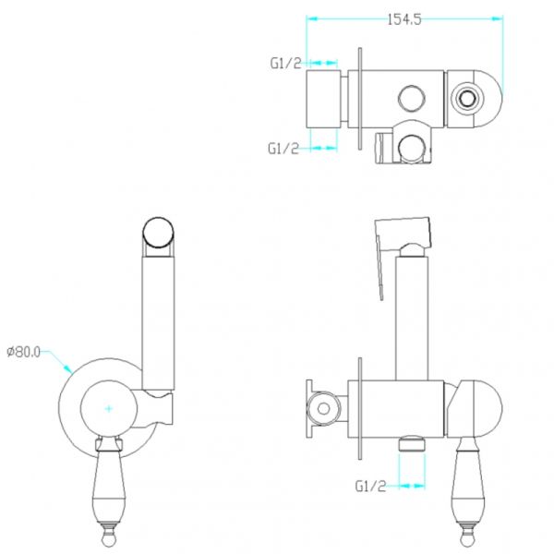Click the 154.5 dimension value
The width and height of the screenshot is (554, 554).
pyautogui.click(x=404, y=19)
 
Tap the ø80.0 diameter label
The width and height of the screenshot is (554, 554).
pyautogui.click(x=24, y=352)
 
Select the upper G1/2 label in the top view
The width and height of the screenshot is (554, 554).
pyautogui.click(x=285, y=63)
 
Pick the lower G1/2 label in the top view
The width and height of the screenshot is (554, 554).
pyautogui.click(x=283, y=149)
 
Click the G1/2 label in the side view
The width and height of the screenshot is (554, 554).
pyautogui.click(x=370, y=487)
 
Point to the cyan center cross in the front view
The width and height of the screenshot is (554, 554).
pyautogui.click(x=108, y=409)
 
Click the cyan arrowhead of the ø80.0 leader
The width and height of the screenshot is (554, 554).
pyautogui.click(x=67, y=368)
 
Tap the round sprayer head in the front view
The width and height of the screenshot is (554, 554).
pyautogui.click(x=158, y=233)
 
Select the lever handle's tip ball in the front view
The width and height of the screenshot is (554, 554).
pyautogui.click(x=109, y=539)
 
